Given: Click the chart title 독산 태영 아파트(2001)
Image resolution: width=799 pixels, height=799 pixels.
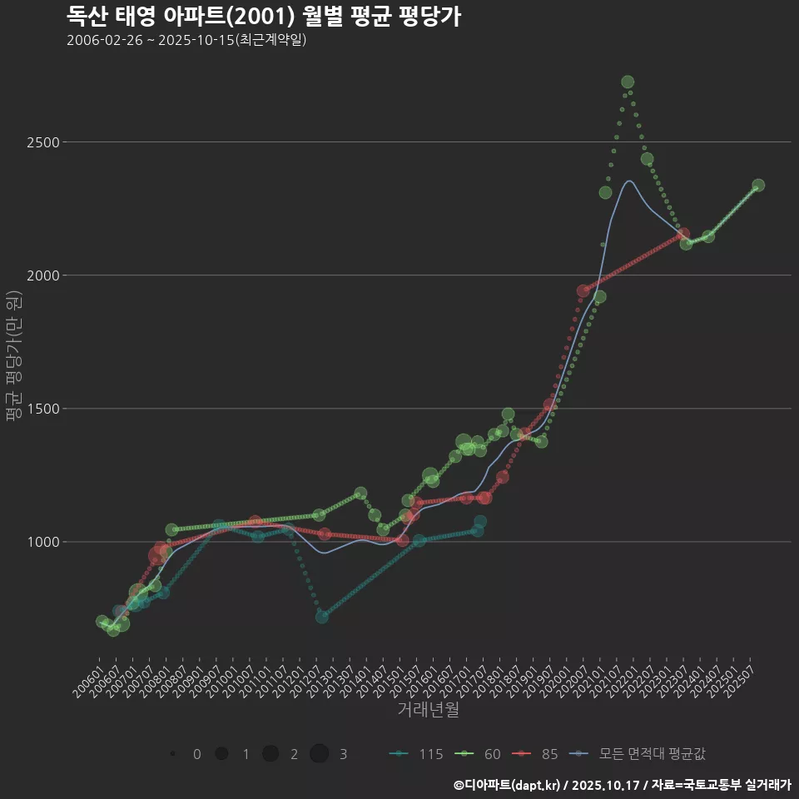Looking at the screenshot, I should tap(263, 17).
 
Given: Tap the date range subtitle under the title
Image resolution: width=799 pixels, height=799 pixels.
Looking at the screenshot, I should tap(186, 40).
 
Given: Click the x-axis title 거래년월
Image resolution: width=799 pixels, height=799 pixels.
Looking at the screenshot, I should tap(428, 710).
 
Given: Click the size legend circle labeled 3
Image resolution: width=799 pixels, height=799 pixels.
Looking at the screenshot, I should tap(320, 754).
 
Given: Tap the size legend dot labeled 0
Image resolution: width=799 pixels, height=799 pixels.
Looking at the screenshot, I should tap(172, 754).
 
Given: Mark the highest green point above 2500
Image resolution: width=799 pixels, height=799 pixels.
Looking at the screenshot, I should tap(628, 82).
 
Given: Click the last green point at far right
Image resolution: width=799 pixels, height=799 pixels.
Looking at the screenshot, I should tap(758, 186).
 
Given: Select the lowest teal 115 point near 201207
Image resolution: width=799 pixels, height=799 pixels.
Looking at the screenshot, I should tap(322, 617).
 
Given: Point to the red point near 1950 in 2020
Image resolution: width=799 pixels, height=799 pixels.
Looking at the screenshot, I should tap(583, 291).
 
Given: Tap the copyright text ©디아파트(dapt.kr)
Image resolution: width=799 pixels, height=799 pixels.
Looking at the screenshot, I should tap(508, 785).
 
